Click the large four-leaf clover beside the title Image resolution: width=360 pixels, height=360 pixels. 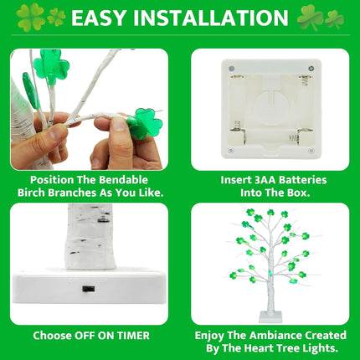click(x=30, y=17)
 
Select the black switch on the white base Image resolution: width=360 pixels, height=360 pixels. click(x=89, y=289)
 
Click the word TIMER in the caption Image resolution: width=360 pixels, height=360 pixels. click(x=133, y=336)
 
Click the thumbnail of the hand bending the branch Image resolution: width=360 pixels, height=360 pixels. click(x=90, y=110)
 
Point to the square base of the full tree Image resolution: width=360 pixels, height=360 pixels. click(x=270, y=317)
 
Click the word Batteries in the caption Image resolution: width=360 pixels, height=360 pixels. click(x=303, y=180)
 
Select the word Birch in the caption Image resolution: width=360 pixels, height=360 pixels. click(x=31, y=193)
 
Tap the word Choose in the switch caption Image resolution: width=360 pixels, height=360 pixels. click(x=52, y=336)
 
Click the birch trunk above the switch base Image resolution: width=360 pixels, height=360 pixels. click(x=90, y=237)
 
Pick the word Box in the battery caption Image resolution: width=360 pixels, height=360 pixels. click(x=299, y=193)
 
